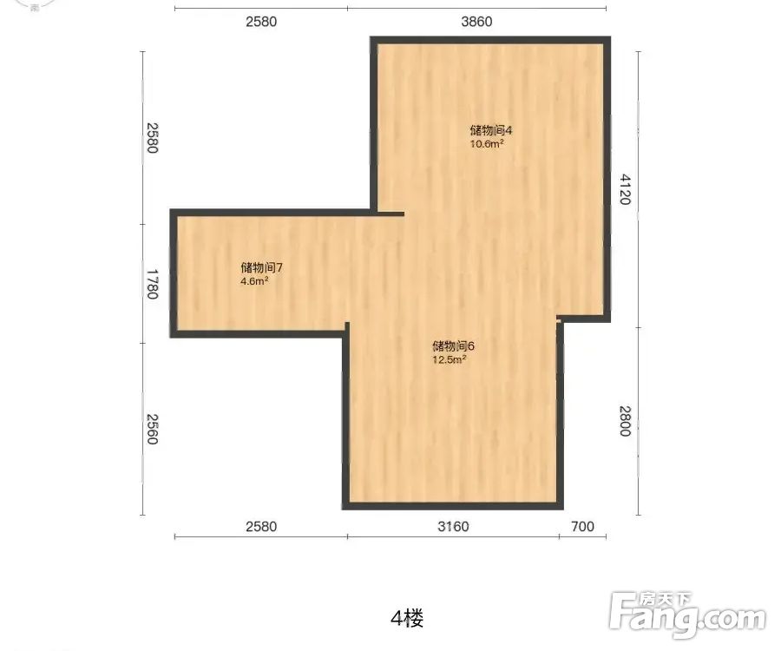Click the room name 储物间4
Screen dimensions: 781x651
[491, 130]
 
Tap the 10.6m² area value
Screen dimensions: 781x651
[487, 144]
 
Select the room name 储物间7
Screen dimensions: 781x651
[262, 267]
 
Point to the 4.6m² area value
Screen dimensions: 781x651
[254, 281]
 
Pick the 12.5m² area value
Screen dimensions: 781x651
[450, 359]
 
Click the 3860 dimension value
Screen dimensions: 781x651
[476, 22]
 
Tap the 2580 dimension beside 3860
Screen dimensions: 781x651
[261, 22]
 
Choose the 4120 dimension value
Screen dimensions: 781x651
[625, 189]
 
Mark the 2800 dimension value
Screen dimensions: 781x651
[625, 421]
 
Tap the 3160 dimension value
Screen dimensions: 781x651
[453, 527]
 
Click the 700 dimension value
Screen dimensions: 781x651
[583, 527]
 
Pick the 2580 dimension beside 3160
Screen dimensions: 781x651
[261, 527]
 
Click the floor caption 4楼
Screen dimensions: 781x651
[408, 619]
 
